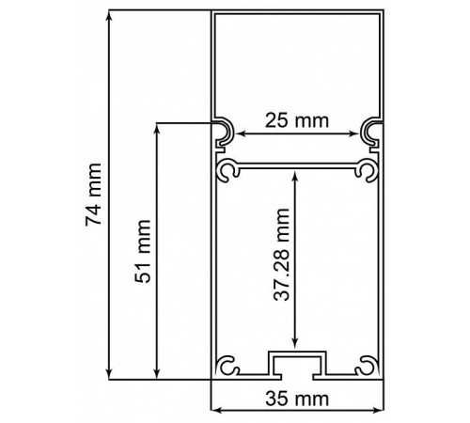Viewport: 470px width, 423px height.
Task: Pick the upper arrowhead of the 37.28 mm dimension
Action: pos(296,177)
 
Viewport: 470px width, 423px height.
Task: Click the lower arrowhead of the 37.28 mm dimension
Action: pos(296,346)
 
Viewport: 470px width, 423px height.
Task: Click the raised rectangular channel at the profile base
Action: pos(296,363)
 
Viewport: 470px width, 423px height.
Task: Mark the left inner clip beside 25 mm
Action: pos(225,134)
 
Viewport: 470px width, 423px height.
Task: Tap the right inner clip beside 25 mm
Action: pos(370,134)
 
